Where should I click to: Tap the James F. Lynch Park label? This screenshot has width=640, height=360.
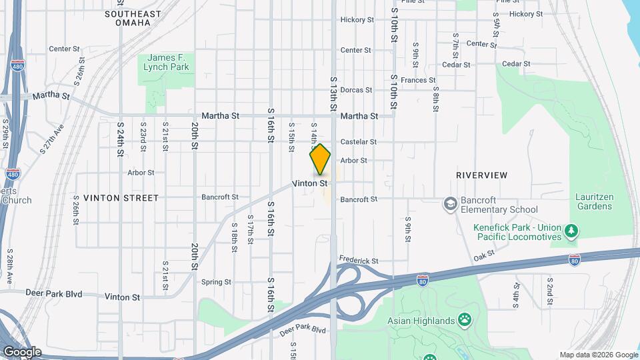point(168,63)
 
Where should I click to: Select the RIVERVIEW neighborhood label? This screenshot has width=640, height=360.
point(481,175)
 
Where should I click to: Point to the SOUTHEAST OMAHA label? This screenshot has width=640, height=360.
point(133,18)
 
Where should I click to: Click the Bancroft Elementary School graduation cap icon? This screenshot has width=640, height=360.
point(450,202)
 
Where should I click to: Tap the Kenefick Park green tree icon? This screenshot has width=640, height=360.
point(571,231)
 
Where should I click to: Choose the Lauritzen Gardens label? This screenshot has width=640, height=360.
point(593,201)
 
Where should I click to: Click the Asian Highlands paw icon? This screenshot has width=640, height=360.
point(465,321)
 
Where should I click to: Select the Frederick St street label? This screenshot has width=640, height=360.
point(359,261)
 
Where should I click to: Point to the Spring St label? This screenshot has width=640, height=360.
point(216,282)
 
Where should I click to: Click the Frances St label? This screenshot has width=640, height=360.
point(418,80)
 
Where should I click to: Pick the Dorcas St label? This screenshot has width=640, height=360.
point(355,90)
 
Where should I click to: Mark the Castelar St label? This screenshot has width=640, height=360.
point(359,142)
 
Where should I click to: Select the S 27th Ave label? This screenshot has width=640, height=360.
point(51,139)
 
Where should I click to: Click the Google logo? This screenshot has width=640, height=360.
point(21,352)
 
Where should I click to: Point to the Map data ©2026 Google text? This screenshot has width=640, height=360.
point(598,355)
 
